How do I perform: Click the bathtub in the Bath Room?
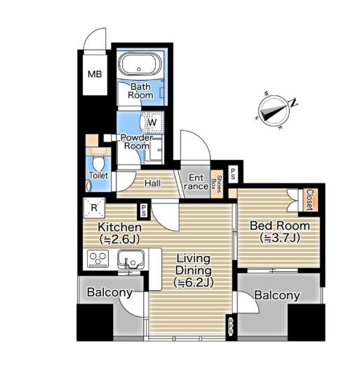click(x=140, y=64)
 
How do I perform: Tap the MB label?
click(x=95, y=74)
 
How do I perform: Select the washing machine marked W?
click(x=152, y=122)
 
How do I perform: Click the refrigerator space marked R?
click(x=94, y=207)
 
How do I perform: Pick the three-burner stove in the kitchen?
click(x=98, y=258)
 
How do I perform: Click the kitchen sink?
click(x=131, y=259)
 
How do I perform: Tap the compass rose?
click(x=273, y=111)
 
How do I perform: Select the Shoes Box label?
click(x=216, y=184)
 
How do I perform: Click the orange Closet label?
click(x=310, y=200)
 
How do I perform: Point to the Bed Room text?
click(x=279, y=226)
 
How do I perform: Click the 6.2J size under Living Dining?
click(x=194, y=282)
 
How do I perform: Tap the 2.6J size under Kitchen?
click(x=119, y=239)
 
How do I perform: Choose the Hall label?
click(x=152, y=183)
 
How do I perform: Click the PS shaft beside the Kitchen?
click(x=144, y=211)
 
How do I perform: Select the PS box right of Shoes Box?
click(x=233, y=174)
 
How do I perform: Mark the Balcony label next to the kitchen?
click(x=109, y=293)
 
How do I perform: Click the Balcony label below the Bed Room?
click(x=277, y=296)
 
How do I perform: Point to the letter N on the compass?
click(x=293, y=102)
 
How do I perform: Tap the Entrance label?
click(x=196, y=182)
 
